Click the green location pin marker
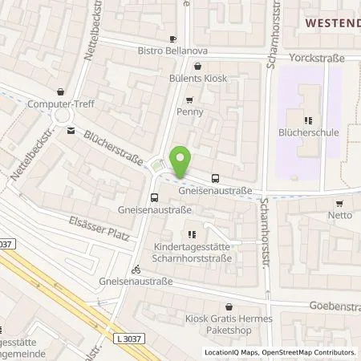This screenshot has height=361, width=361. click(183, 161)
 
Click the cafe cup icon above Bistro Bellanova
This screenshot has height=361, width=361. click(173, 38)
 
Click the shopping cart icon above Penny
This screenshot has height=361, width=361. click(189, 100)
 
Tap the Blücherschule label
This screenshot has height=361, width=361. click(310, 132)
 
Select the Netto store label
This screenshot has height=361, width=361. click(340, 215)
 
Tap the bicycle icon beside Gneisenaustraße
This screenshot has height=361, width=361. click(136, 270)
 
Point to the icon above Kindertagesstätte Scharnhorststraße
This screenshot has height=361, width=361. click(191, 235)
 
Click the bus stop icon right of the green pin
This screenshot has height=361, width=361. click(215, 179)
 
